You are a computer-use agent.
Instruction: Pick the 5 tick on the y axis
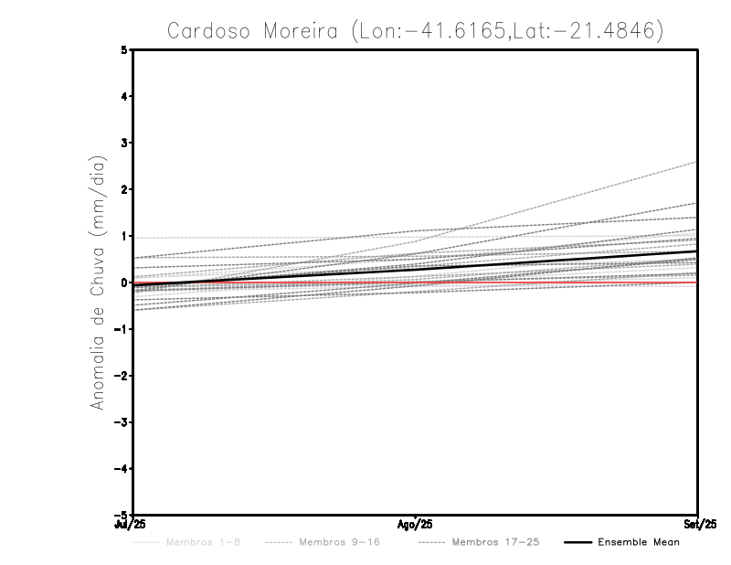(x=125, y=49)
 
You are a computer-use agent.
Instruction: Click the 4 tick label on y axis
(x=125, y=96)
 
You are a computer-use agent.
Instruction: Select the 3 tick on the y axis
(x=125, y=143)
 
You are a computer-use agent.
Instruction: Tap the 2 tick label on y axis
(x=125, y=189)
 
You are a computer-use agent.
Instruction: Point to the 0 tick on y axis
(x=125, y=282)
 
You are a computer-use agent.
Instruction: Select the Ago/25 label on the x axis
(x=415, y=526)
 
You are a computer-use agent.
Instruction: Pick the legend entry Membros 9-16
(x=339, y=543)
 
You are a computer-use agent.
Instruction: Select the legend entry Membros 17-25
(x=495, y=543)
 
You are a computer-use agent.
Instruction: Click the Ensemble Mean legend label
(x=639, y=543)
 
